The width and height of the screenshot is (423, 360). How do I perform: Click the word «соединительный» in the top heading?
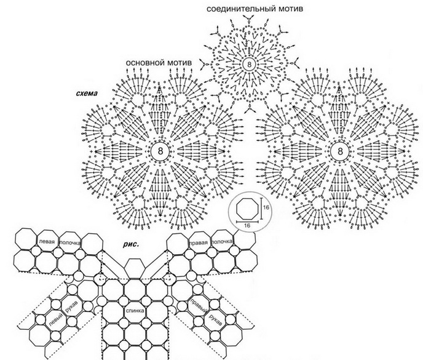(242, 9)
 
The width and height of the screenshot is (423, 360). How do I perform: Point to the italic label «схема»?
(87, 94)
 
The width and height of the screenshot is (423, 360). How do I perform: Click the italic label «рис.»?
(131, 244)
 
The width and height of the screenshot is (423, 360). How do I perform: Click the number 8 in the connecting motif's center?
(249, 64)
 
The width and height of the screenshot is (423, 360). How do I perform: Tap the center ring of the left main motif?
(160, 151)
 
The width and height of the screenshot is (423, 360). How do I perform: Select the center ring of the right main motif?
(340, 151)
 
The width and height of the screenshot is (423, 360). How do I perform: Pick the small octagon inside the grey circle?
(247, 208)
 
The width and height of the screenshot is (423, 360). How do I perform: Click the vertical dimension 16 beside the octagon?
(266, 207)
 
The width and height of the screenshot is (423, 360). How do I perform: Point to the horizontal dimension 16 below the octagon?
(247, 225)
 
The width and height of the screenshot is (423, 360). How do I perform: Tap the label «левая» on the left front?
(47, 242)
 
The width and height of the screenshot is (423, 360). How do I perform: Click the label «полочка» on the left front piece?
(69, 242)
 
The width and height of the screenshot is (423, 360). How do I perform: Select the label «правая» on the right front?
(199, 242)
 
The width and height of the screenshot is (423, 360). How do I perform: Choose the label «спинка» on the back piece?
(135, 311)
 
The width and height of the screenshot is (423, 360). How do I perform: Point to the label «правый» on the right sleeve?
(197, 306)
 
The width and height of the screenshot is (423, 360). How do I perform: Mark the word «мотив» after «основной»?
(180, 63)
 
